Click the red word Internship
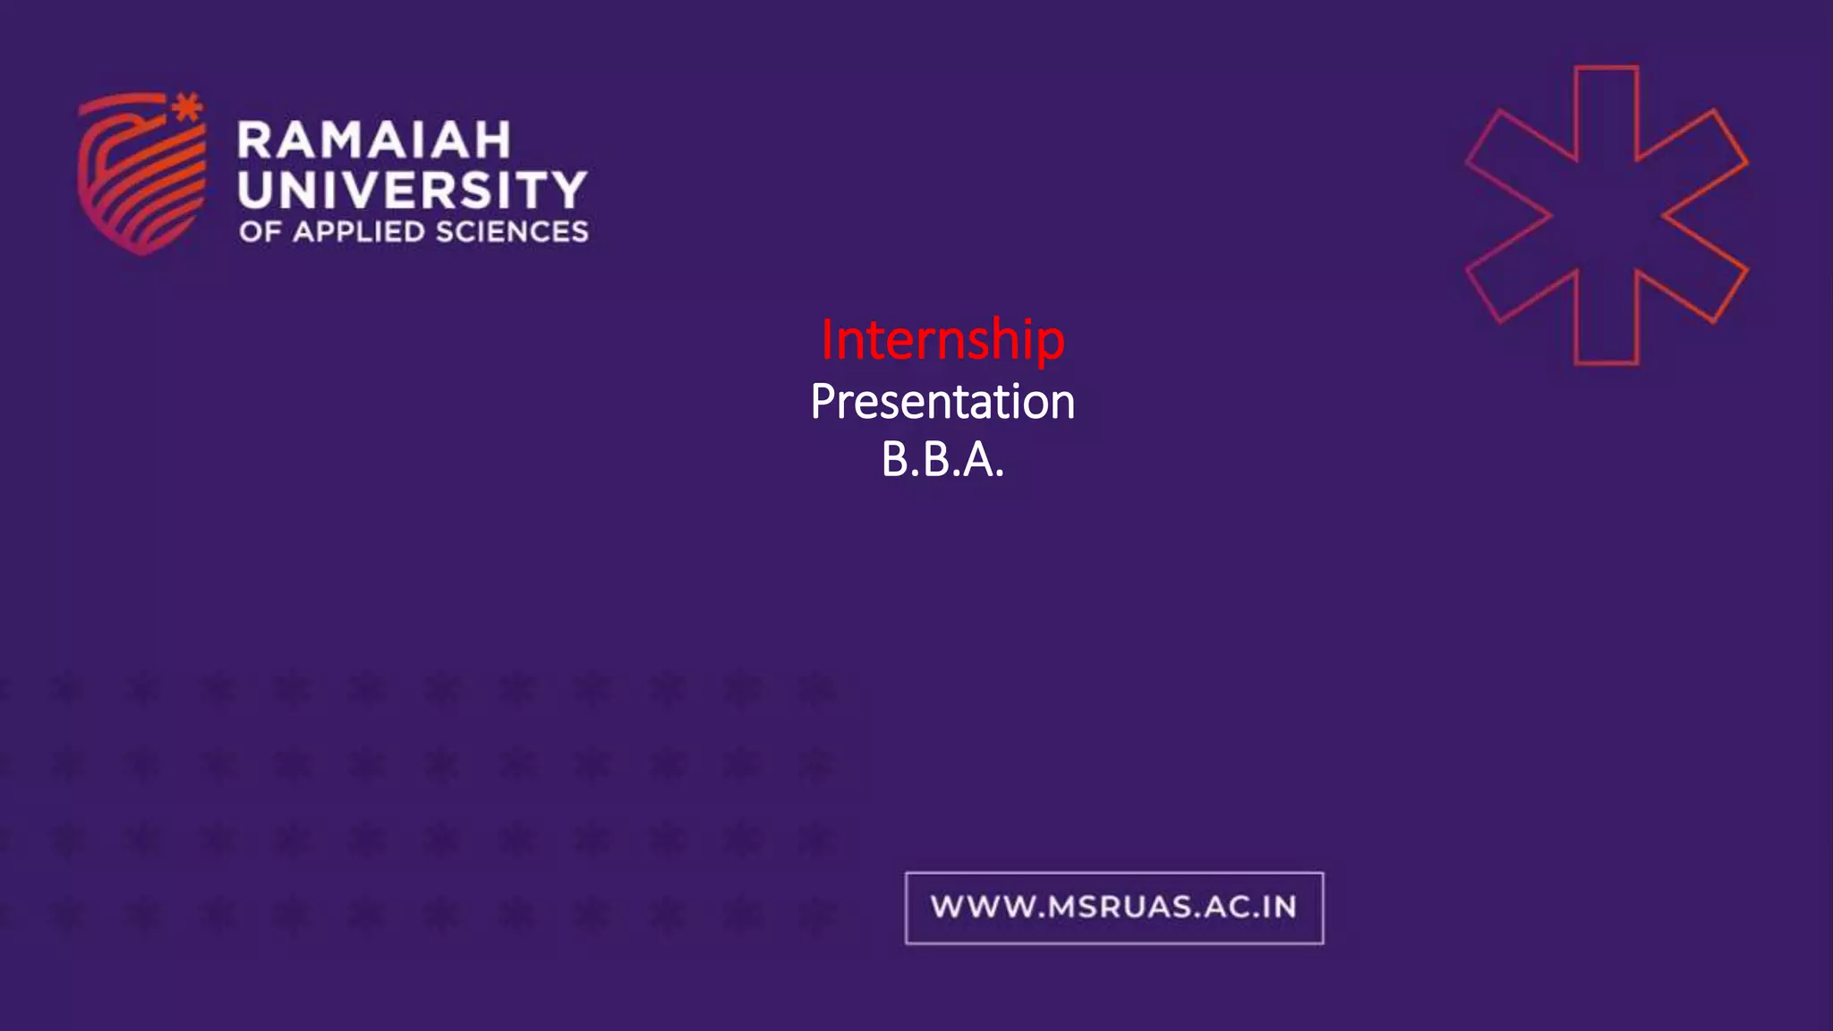tap(942, 340)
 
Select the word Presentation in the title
tap(942, 402)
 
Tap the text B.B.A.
tap(942, 460)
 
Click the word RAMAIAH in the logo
tap(374, 141)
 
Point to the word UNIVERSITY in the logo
tap(412, 190)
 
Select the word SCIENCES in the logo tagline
tap(512, 232)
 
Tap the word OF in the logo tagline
tap(260, 232)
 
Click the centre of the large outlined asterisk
tap(1606, 215)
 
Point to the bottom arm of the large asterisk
tap(1606, 322)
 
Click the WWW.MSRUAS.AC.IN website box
tap(1113, 907)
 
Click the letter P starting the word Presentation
tap(823, 402)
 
